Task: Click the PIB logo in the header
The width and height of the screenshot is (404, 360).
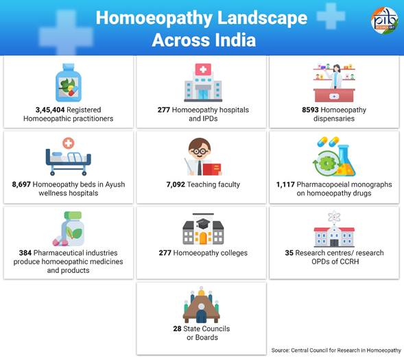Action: (x=384, y=21)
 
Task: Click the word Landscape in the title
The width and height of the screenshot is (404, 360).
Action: (x=262, y=19)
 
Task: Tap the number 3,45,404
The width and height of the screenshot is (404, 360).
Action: (x=50, y=110)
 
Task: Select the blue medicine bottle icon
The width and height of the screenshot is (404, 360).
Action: (x=69, y=83)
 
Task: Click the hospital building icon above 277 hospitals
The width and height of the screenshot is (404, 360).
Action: (x=203, y=82)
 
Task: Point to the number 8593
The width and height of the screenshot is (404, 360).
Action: (x=310, y=110)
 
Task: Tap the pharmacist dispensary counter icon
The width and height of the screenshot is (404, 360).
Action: (x=334, y=83)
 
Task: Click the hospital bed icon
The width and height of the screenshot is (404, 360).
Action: (x=69, y=156)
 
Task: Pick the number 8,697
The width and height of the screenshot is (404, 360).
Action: (x=21, y=184)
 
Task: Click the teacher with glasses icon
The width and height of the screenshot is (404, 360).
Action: (x=203, y=156)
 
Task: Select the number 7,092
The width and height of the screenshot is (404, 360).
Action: (x=176, y=184)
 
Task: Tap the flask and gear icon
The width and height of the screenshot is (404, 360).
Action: (x=334, y=156)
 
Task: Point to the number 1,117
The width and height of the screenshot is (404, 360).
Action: (x=285, y=184)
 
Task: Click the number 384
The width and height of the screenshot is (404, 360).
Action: (x=25, y=253)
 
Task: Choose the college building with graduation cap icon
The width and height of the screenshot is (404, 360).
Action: (x=203, y=229)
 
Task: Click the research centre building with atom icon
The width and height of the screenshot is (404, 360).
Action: (x=334, y=229)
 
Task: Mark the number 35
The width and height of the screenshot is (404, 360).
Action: (x=289, y=253)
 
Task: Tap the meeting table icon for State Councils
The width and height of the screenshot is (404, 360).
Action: (x=202, y=304)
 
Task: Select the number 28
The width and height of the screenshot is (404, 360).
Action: (x=177, y=329)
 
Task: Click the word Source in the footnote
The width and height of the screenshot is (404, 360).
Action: (x=280, y=350)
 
